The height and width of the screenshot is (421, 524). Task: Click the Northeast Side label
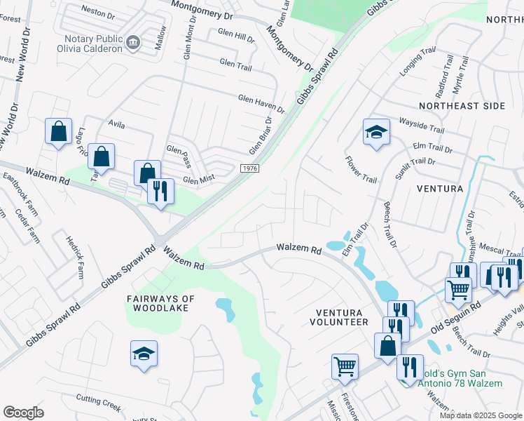point(462,105)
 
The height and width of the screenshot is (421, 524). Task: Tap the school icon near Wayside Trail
point(376,133)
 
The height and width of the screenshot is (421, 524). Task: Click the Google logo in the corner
point(23,413)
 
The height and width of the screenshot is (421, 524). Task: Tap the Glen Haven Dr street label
point(261,105)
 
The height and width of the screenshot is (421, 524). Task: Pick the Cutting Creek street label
point(99,403)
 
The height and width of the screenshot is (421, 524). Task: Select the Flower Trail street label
point(361,169)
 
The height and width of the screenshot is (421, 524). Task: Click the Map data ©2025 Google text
point(481,415)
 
